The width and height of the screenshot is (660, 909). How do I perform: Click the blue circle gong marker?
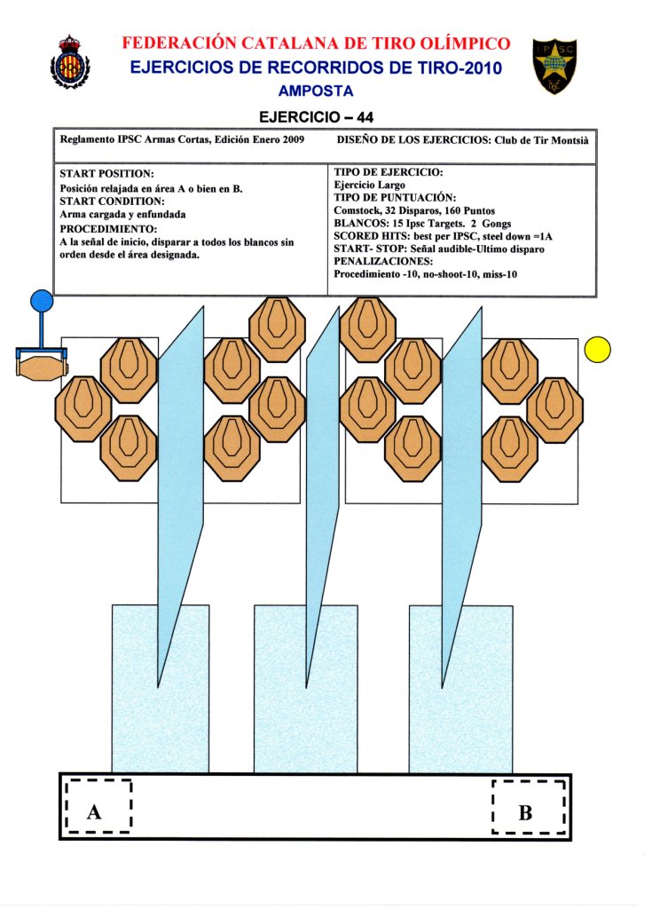coord(42,302)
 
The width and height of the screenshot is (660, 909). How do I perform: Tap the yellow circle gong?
coord(598,350)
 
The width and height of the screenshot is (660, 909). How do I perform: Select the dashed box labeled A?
coord(98,807)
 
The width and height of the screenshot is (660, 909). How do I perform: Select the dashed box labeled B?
coord(529,807)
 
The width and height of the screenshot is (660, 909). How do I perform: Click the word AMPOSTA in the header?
coord(315,91)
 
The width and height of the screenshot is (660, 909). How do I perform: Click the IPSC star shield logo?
coord(554,66)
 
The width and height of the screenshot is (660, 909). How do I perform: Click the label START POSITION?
coord(106,174)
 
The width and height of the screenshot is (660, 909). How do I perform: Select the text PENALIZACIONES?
coord(383,262)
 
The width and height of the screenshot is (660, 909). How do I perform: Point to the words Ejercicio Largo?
coord(369,186)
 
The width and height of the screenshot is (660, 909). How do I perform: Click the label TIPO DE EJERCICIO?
coord(389,172)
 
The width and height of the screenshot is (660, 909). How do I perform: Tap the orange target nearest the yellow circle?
coord(555,409)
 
